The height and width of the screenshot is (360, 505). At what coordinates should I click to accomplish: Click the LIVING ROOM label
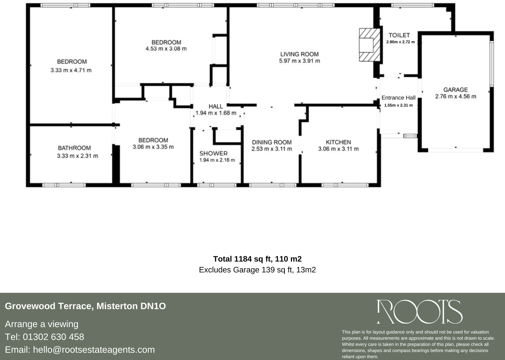click(x=299, y=54)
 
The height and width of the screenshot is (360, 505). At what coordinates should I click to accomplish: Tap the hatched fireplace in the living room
click(x=369, y=45)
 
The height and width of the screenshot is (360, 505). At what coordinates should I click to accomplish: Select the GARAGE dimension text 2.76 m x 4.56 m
click(x=455, y=97)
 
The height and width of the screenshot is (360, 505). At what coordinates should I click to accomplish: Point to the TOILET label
click(x=399, y=35)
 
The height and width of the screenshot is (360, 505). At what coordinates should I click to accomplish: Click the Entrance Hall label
click(x=398, y=98)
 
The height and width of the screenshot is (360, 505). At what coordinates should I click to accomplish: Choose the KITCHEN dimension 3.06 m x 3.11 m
click(x=338, y=149)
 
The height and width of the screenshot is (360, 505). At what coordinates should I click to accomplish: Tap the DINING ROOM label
click(x=271, y=142)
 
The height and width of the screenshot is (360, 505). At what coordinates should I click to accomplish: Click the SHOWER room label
click(x=213, y=153)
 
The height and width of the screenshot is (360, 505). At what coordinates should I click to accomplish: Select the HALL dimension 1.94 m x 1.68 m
click(x=216, y=113)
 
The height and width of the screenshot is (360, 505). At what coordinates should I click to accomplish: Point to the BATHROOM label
click(x=74, y=148)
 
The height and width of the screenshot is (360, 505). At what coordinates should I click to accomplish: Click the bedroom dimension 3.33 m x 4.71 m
click(x=71, y=70)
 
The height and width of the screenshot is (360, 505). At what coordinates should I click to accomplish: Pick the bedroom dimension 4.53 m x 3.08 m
click(x=166, y=49)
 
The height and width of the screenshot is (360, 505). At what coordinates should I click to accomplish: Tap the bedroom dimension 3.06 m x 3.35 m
click(x=153, y=147)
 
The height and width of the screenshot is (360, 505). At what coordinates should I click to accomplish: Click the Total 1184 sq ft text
click(x=257, y=259)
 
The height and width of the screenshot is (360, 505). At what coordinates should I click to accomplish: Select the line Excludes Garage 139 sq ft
click(x=257, y=270)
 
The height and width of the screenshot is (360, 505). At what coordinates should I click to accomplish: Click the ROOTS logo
click(x=419, y=312)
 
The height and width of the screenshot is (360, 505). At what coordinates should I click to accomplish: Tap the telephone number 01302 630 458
click(x=53, y=337)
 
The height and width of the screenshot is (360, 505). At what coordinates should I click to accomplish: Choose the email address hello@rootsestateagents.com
click(x=94, y=350)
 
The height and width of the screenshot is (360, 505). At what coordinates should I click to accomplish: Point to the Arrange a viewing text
click(x=42, y=324)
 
